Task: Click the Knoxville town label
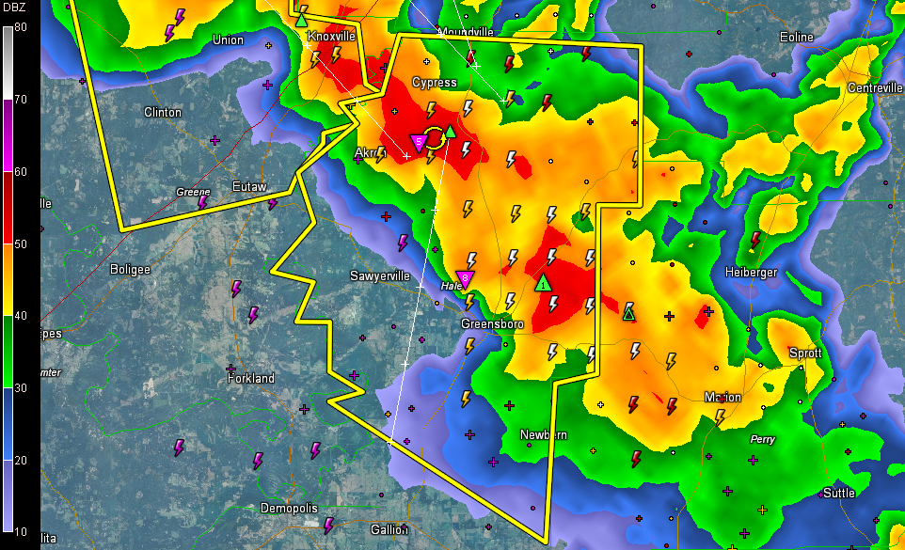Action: click(x=331, y=36)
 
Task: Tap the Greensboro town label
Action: click(x=491, y=324)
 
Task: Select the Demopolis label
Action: click(x=290, y=509)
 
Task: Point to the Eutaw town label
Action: click(x=250, y=187)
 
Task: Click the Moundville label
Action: click(x=466, y=32)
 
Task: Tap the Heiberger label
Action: click(x=752, y=273)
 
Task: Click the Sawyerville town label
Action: click(x=380, y=276)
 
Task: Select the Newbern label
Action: click(x=545, y=435)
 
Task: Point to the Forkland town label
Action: click(x=251, y=379)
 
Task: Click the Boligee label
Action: click(x=131, y=269)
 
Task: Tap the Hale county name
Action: click(x=452, y=286)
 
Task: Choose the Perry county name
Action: click(x=762, y=439)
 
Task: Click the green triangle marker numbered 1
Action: click(x=544, y=282)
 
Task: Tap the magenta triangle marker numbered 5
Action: click(x=420, y=143)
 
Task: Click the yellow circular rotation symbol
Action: click(x=435, y=137)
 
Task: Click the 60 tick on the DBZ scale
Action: click(x=20, y=172)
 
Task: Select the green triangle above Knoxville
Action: click(x=301, y=19)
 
